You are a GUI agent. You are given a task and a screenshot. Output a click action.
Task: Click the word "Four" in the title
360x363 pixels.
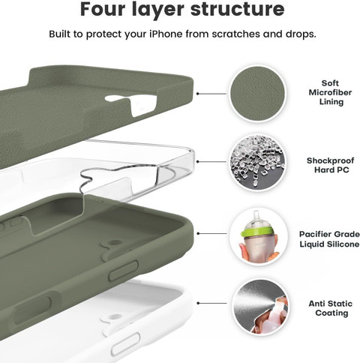[x=102, y=10]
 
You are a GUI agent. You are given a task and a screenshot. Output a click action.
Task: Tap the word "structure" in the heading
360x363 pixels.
[x=237, y=10]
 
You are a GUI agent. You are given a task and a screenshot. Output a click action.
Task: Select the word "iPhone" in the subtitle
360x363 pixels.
[x=166, y=34]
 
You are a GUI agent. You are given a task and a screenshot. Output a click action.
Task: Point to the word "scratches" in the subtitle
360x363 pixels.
[x=235, y=34]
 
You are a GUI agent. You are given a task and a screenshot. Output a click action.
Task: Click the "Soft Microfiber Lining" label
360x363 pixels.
[x=330, y=92]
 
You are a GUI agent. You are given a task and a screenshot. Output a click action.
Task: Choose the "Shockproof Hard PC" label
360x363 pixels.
[x=331, y=165]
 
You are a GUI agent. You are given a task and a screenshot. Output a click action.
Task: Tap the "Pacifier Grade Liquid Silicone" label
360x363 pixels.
[x=329, y=239]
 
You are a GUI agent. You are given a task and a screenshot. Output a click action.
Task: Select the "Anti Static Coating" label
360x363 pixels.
[x=331, y=308]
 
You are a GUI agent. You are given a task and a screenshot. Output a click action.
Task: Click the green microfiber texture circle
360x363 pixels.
[x=258, y=94]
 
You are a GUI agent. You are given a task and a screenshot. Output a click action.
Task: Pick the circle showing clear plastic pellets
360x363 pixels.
[x=258, y=162]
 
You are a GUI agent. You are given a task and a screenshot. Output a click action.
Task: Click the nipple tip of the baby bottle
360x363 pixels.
[x=256, y=213]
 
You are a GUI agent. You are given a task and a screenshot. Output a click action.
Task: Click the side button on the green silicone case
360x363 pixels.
[x=123, y=271]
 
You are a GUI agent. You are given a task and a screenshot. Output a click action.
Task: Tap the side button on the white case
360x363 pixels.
[x=125, y=343]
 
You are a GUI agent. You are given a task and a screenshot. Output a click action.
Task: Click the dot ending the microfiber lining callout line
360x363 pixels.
[x=197, y=94]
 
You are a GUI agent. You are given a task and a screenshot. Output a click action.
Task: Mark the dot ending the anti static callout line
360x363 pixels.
[x=198, y=303]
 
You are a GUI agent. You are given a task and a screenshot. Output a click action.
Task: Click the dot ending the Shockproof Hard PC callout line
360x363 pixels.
[x=197, y=162]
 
